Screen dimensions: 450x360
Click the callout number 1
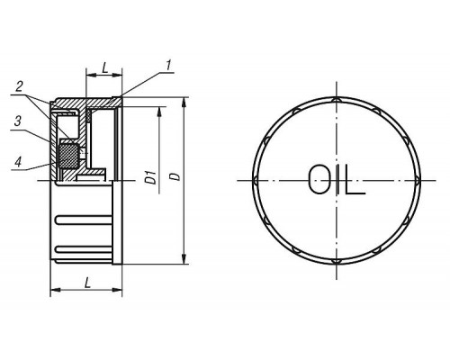[169, 66]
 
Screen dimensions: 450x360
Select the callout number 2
[19, 87]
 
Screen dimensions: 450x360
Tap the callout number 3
[18, 121]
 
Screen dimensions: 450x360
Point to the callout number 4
[18, 162]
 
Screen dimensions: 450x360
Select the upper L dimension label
[104, 68]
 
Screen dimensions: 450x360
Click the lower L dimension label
[87, 283]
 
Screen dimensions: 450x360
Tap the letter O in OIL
[319, 179]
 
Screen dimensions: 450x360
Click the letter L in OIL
[355, 179]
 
